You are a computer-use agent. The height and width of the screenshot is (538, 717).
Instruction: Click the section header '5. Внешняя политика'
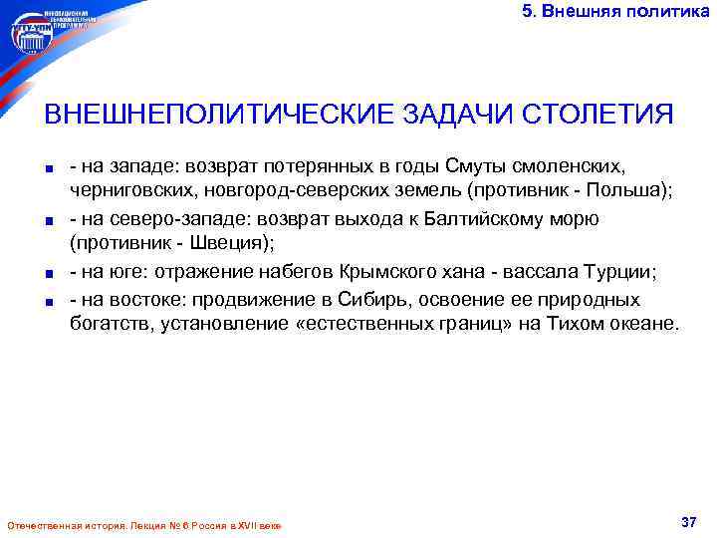coord(616,11)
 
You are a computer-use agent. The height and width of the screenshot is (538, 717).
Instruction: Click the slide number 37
coord(687,522)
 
